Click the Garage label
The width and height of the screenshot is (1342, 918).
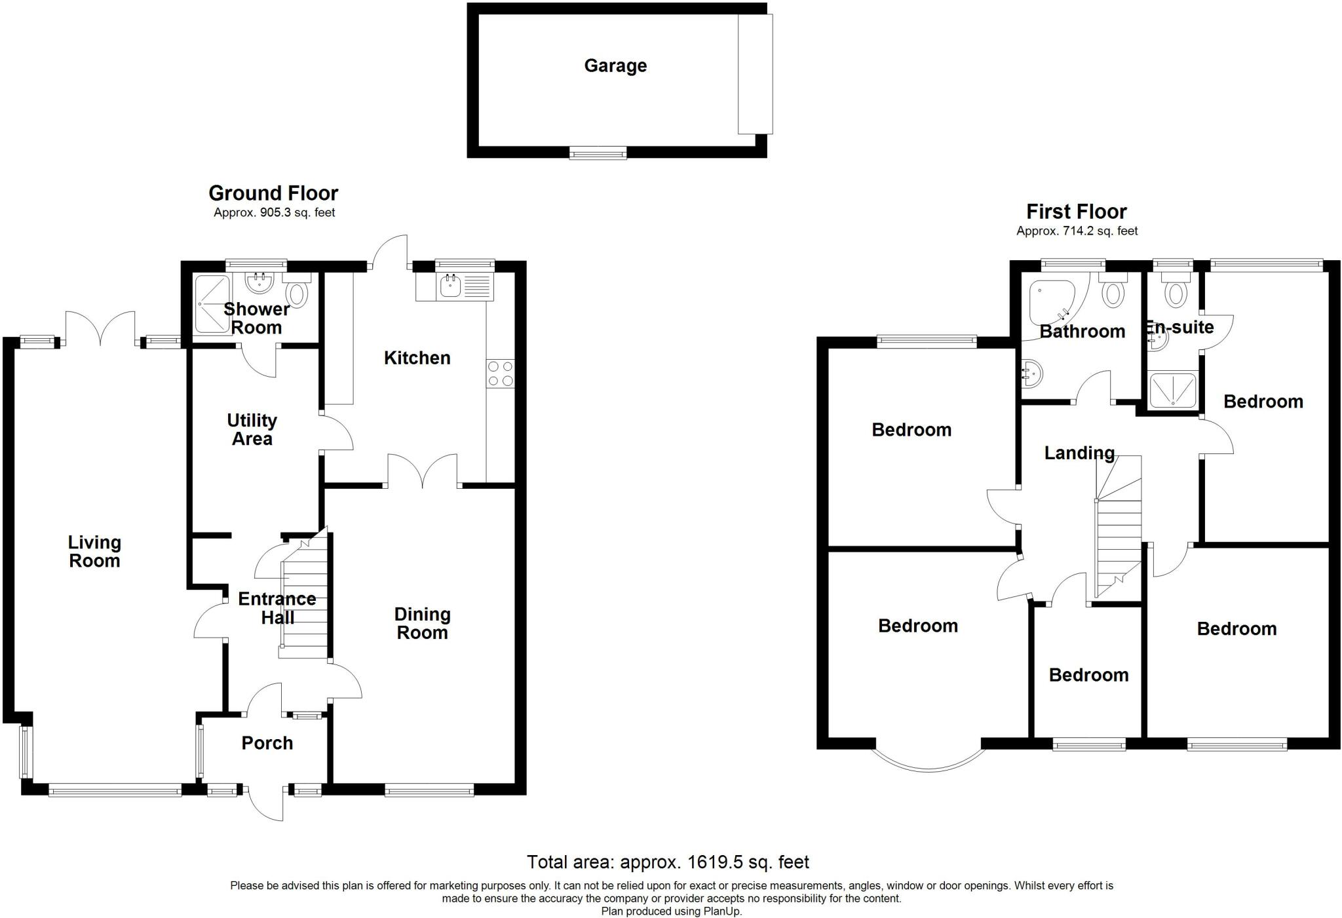click(x=615, y=66)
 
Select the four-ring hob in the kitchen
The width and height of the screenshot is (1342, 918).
click(x=501, y=373)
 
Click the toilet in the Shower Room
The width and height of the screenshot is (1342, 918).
click(x=297, y=293)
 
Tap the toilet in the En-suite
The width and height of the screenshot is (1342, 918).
click(x=1176, y=292)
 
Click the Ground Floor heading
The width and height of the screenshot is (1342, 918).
click(x=273, y=193)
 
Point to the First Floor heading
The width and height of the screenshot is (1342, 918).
click(x=1076, y=212)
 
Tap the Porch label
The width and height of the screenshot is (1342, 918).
click(x=267, y=743)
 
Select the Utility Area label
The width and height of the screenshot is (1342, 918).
click(x=252, y=430)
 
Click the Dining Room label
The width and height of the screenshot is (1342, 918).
click(x=422, y=623)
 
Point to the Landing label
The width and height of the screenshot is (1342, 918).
click(x=1079, y=453)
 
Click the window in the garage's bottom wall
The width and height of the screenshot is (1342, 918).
click(x=598, y=153)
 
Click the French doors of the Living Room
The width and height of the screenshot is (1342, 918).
click(x=100, y=329)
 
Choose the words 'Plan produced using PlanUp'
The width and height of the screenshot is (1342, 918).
click(x=672, y=911)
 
